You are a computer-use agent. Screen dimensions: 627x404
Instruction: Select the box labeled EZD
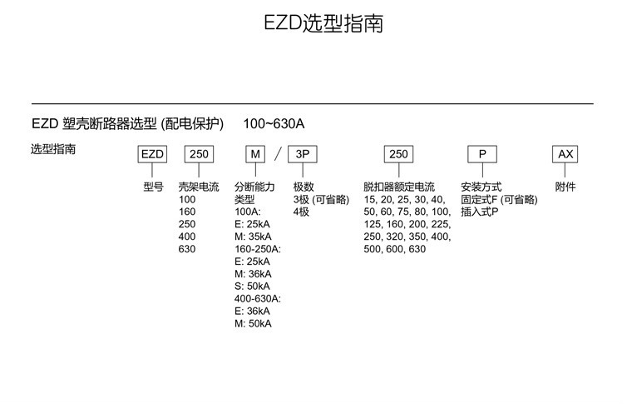(x=151, y=154)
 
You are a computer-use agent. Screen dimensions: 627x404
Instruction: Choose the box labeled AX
(x=565, y=154)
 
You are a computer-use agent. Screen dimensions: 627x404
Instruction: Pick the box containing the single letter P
(x=481, y=154)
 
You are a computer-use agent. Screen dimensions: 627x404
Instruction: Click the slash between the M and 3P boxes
(x=279, y=154)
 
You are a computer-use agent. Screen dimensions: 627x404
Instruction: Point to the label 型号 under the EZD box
(x=152, y=187)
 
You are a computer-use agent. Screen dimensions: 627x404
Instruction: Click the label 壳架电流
(x=199, y=187)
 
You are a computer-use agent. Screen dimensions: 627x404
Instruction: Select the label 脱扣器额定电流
(x=399, y=187)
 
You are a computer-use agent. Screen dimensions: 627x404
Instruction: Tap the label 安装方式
(x=481, y=187)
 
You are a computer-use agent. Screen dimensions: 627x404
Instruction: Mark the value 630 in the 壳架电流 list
(x=187, y=249)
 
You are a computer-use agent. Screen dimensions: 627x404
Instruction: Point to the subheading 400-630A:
(x=258, y=298)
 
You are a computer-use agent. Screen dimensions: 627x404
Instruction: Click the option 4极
(x=301, y=212)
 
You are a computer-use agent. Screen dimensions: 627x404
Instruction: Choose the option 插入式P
(x=480, y=212)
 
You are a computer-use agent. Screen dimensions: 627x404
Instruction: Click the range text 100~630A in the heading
(x=274, y=124)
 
